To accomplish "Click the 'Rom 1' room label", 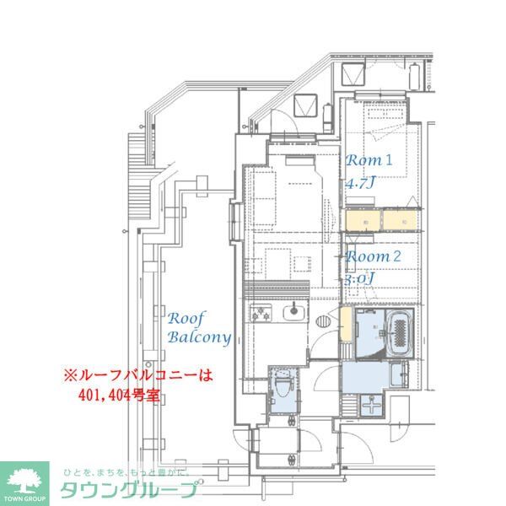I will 370,159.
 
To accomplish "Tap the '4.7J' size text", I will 360,182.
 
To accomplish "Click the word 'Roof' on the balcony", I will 183,319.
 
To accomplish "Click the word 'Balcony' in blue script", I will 199,338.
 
